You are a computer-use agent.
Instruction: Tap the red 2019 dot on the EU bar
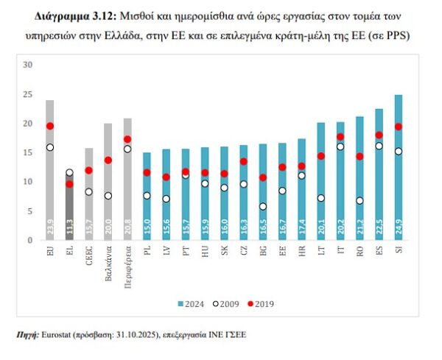pyautogui.click(x=50, y=127)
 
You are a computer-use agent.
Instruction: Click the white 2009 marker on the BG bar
pyautogui.click(x=263, y=207)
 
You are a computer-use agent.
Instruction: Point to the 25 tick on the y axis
pyautogui.click(x=29, y=94)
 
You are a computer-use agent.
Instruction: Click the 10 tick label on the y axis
pyautogui.click(x=29, y=182)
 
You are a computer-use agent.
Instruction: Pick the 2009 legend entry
pyautogui.click(x=228, y=303)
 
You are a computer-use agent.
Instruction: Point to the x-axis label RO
pyautogui.click(x=359, y=252)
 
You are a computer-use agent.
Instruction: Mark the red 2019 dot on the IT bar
pyautogui.click(x=340, y=137)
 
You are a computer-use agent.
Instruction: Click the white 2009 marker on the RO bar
pyautogui.click(x=359, y=200)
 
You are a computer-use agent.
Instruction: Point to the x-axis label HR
pyautogui.click(x=302, y=252)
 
